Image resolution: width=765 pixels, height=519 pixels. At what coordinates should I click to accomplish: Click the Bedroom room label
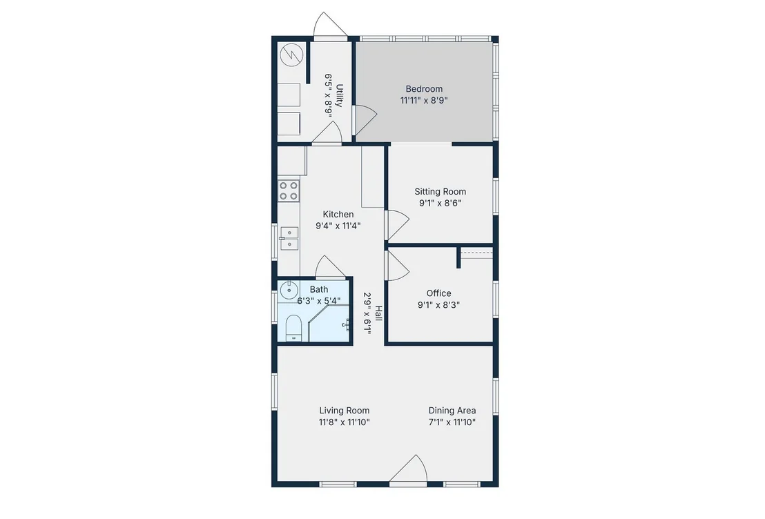click(x=424, y=89)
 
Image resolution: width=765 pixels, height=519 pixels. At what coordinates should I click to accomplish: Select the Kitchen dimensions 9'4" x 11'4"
click(x=338, y=226)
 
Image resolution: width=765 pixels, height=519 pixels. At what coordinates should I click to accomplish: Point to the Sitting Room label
click(x=440, y=192)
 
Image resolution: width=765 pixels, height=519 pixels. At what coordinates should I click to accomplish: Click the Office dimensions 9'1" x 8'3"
click(x=438, y=305)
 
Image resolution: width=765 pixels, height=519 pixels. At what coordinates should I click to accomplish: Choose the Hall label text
click(x=378, y=313)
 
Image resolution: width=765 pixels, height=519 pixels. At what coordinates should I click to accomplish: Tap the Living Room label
click(x=344, y=411)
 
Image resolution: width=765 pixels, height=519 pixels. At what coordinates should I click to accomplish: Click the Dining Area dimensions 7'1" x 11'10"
click(x=452, y=422)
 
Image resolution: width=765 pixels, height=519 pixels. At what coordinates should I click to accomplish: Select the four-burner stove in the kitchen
click(x=289, y=190)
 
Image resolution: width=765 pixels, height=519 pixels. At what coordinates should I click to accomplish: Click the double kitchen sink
click(x=289, y=239)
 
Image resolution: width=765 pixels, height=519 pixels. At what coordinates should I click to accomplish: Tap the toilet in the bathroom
click(x=293, y=328)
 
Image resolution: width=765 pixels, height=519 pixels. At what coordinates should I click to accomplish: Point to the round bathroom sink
click(x=289, y=290)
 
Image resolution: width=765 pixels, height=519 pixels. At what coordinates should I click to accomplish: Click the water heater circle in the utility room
click(x=292, y=55)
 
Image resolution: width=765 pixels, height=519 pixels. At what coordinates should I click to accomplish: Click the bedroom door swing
click(x=366, y=120)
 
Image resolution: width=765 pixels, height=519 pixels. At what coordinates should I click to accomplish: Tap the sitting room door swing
click(x=398, y=225)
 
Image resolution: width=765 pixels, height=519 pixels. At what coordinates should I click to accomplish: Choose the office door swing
click(x=398, y=266)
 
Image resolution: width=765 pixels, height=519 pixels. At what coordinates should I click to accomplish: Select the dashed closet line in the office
click(x=476, y=253)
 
